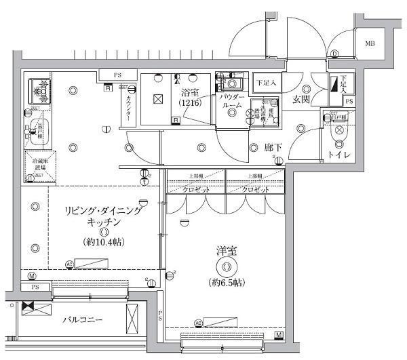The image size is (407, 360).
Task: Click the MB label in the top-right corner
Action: click(x=370, y=45)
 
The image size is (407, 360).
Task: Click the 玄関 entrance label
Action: click(x=301, y=100)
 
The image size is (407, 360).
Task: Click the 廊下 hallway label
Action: click(x=274, y=146)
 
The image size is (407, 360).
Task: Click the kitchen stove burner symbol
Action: click(x=39, y=89)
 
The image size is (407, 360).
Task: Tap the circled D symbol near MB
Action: click(x=335, y=54)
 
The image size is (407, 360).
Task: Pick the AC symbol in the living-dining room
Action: click(x=69, y=264)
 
